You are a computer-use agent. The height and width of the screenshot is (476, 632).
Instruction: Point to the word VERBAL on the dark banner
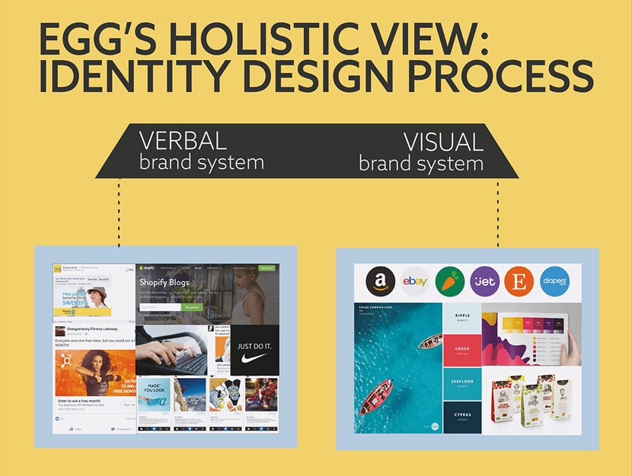pyautogui.click(x=183, y=141)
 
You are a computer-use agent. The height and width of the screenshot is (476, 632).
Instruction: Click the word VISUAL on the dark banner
pyautogui.click(x=444, y=141)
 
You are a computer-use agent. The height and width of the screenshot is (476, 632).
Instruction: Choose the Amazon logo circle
pyautogui.click(x=380, y=281)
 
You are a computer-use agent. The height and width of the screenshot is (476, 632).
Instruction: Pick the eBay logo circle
pyautogui.click(x=416, y=281)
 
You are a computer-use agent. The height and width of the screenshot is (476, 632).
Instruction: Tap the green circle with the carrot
pyautogui.click(x=450, y=281)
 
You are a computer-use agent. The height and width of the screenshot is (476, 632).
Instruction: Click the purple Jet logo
pyautogui.click(x=484, y=281)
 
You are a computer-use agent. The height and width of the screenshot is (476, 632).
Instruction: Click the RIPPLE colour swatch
pyautogui.click(x=463, y=317)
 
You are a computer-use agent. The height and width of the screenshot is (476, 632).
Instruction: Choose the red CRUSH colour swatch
pyautogui.click(x=463, y=351)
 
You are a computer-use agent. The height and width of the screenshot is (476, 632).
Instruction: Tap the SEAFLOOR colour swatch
pyautogui.click(x=463, y=384)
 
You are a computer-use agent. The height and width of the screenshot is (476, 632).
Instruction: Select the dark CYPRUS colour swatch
pyautogui.click(x=463, y=417)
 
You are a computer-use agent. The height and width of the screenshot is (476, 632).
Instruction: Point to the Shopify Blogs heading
pyautogui.click(x=164, y=283)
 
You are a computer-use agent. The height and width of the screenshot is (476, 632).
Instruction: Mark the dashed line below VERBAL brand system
pyautogui.click(x=120, y=212)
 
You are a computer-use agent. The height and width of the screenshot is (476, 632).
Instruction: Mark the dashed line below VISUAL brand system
pyautogui.click(x=498, y=212)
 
